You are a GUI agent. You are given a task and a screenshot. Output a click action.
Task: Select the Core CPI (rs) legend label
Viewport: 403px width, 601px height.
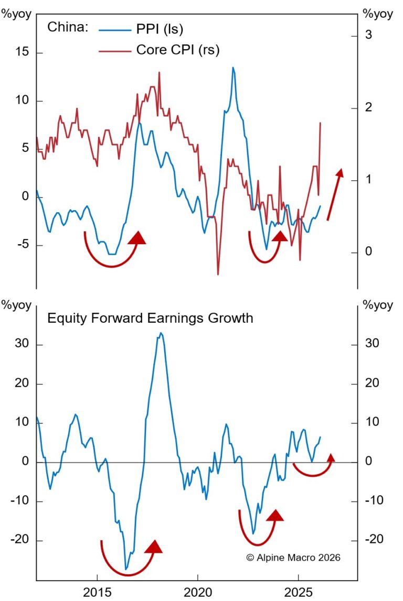click(177, 50)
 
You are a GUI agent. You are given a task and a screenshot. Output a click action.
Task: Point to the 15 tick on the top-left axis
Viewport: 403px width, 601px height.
click(22, 53)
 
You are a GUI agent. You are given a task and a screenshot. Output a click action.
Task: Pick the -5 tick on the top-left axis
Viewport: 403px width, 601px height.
click(22, 245)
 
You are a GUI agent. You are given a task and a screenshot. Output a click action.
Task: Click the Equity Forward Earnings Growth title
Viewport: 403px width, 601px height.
click(150, 318)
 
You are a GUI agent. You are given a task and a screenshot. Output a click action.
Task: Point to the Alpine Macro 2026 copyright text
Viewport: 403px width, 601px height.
click(293, 558)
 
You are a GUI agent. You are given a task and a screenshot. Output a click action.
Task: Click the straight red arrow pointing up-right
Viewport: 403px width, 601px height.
click(335, 194)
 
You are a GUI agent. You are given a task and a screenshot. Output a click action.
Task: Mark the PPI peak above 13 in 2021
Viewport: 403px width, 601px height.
click(233, 68)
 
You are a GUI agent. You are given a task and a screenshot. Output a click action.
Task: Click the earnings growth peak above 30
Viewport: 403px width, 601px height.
click(161, 333)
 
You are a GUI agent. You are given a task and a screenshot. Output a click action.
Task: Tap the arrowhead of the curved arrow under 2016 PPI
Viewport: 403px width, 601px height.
click(137, 238)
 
